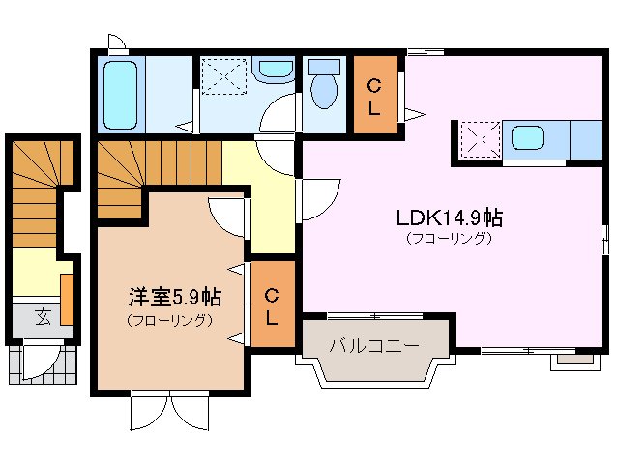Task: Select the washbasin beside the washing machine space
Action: point(278,71)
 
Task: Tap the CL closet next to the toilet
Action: point(373,95)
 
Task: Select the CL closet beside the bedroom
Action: point(272,304)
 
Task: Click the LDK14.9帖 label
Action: point(447,217)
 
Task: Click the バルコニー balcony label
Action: point(373,345)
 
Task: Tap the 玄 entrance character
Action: point(44,315)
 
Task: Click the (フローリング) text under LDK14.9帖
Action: point(447,238)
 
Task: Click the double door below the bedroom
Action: point(170,411)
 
